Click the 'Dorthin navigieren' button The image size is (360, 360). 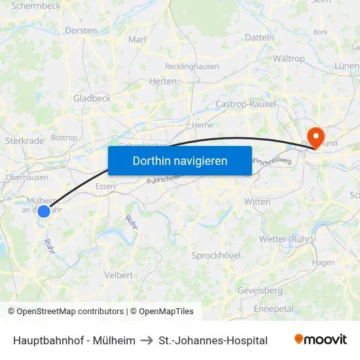(x=180, y=160)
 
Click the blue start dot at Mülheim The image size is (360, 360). (x=44, y=211)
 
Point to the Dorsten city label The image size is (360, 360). (x=81, y=30)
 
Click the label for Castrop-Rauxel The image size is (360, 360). (x=245, y=103)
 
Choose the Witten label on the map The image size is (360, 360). (x=257, y=202)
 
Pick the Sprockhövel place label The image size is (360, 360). (x=216, y=255)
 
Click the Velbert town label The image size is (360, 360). (x=119, y=275)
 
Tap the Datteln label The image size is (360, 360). (x=260, y=37)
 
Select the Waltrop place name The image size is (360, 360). (x=289, y=58)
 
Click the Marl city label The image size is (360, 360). (x=137, y=39)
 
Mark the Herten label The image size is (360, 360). (x=163, y=81)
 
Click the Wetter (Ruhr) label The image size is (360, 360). (x=287, y=238)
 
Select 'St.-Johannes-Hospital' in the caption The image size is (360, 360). (x=213, y=340)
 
